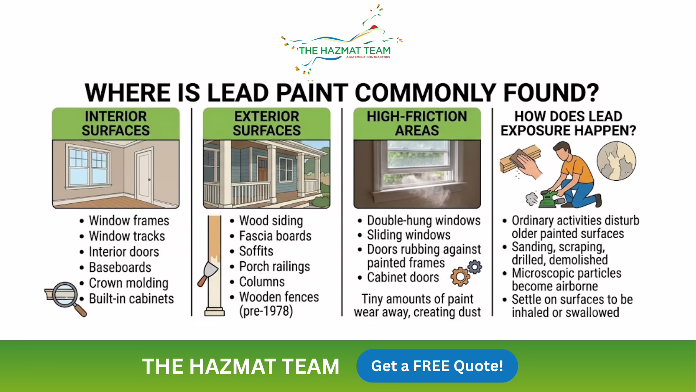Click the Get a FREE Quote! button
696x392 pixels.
[x=437, y=365]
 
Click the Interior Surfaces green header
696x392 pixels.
[x=116, y=124]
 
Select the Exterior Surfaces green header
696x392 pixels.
[x=267, y=124]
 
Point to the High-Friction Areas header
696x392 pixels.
[x=417, y=124]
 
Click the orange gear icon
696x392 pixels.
[x=460, y=276]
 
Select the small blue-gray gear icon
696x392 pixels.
[x=475, y=267]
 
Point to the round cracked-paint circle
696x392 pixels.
[x=616, y=161]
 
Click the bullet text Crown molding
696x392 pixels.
[x=129, y=283]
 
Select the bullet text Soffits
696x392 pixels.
[x=256, y=251]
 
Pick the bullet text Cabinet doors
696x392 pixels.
[x=403, y=277]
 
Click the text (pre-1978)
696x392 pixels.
[x=266, y=311]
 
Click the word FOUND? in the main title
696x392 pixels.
[x=551, y=93]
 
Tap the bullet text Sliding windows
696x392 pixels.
[x=408, y=235]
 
